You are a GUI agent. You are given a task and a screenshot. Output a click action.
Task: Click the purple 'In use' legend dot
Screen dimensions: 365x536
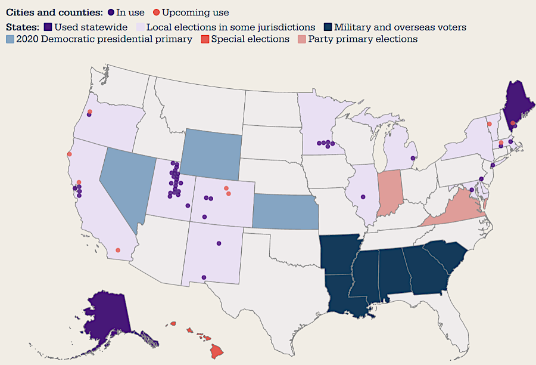click(x=111, y=13)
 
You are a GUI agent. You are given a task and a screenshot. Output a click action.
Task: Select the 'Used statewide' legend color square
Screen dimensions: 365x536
click(x=49, y=27)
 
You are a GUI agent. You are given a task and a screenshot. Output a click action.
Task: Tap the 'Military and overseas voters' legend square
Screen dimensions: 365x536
click(x=328, y=27)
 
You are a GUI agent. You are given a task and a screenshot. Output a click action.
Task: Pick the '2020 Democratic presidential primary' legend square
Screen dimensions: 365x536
click(x=10, y=39)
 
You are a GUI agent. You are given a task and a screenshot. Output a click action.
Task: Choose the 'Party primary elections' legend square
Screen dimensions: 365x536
click(x=303, y=39)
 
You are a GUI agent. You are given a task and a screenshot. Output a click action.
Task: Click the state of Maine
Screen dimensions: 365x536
click(x=519, y=101)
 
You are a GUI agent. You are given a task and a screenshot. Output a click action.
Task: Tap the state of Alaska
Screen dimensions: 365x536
click(x=107, y=316)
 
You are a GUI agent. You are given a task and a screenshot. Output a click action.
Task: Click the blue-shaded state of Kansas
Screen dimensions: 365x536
click(x=286, y=212)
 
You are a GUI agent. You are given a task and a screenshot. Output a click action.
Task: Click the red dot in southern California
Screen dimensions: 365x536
click(x=118, y=250)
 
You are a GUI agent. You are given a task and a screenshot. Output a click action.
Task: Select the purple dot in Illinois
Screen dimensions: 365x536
click(x=363, y=197)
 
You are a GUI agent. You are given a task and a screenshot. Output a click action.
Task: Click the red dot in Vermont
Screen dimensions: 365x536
click(x=490, y=123)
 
